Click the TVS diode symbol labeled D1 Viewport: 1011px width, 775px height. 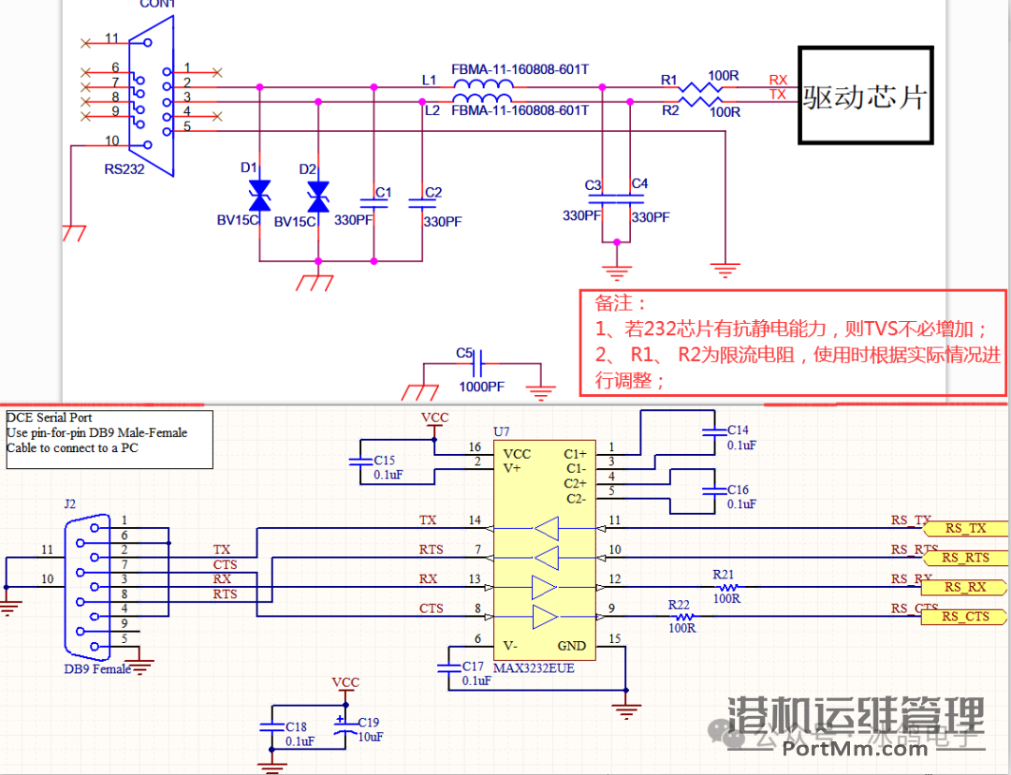pyautogui.click(x=259, y=197)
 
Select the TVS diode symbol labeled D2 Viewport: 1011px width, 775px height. pyautogui.click(x=318, y=197)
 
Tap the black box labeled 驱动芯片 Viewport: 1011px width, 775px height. pyautogui.click(x=865, y=95)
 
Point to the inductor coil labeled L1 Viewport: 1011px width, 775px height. pyautogui.click(x=482, y=87)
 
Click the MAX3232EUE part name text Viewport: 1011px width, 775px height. pyautogui.click(x=535, y=669)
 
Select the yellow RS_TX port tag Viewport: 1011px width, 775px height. pyautogui.click(x=963, y=529)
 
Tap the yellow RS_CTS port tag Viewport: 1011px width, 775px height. pyautogui.click(x=963, y=616)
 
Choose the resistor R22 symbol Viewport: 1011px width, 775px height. pyautogui.click(x=682, y=617)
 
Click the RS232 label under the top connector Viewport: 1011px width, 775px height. pyautogui.click(x=125, y=170)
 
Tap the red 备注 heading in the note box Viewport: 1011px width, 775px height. pyautogui.click(x=621, y=304)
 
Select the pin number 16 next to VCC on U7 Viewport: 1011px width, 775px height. pyautogui.click(x=475, y=447)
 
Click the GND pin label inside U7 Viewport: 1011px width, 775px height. pyautogui.click(x=571, y=646)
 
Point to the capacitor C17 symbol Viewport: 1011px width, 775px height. pyautogui.click(x=447, y=666)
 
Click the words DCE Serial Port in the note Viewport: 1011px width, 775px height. pyautogui.click(x=49, y=417)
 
